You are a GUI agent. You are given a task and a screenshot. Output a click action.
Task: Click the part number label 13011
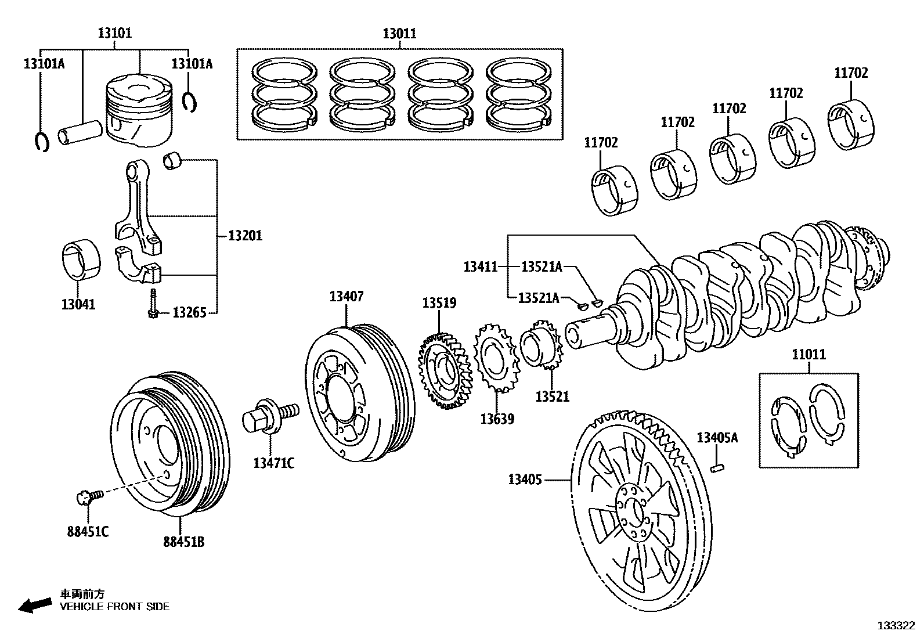point(399,34)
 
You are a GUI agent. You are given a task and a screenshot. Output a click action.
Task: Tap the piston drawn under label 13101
point(139,113)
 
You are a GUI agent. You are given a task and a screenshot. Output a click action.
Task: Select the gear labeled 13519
point(445,372)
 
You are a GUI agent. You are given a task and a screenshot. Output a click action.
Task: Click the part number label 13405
point(525,480)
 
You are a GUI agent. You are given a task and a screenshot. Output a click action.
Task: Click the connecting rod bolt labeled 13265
point(153,305)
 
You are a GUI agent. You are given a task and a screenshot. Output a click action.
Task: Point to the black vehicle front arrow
point(34,605)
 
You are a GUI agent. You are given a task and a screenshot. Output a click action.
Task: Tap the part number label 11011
point(808,354)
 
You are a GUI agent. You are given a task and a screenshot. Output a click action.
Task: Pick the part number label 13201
point(245,236)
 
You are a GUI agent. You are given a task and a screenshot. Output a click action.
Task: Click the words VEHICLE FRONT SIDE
point(115,607)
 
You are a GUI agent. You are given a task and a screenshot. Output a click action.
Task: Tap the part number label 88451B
point(183,542)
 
